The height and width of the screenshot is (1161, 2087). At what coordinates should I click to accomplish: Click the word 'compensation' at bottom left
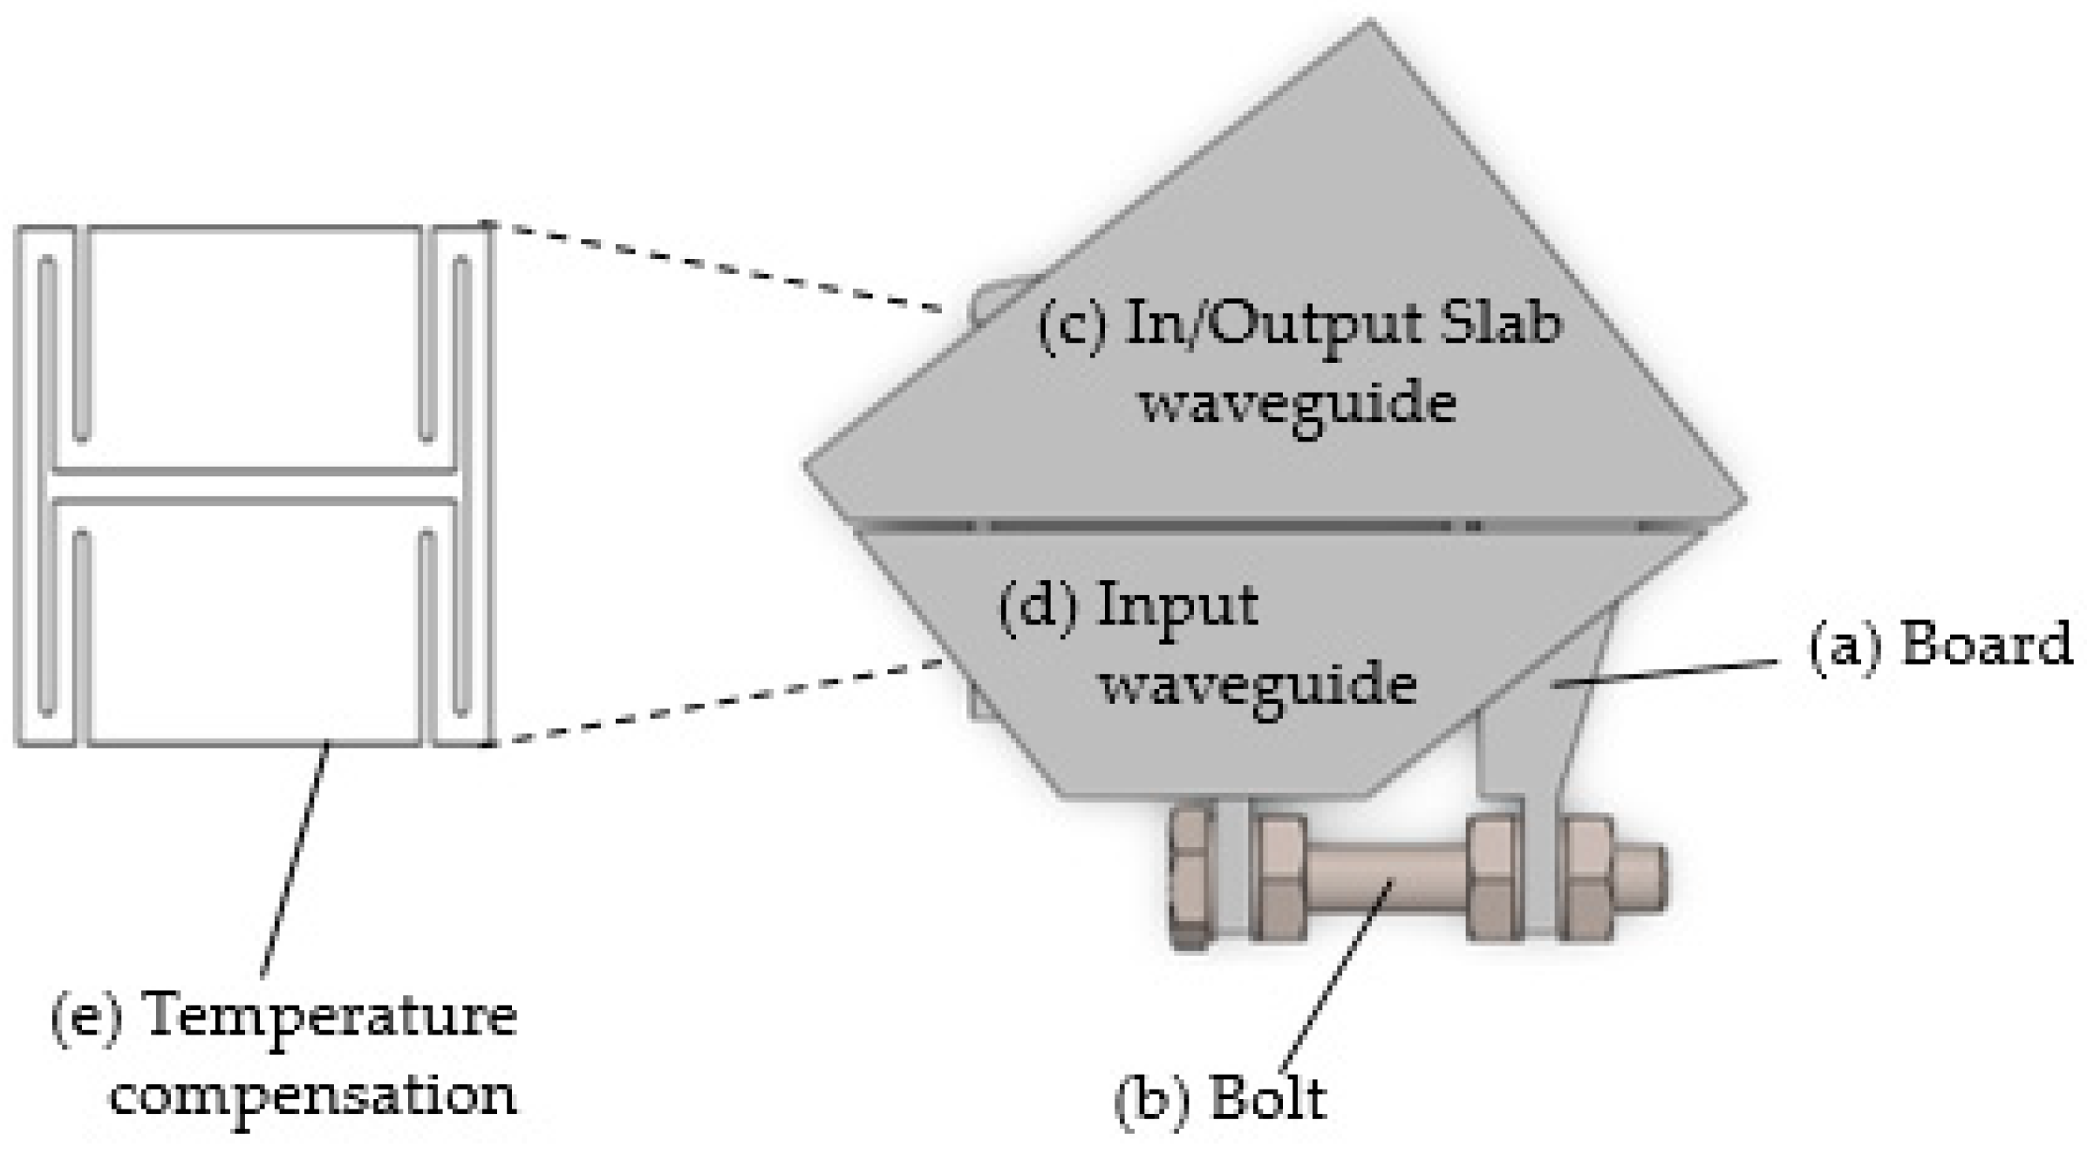(x=312, y=1095)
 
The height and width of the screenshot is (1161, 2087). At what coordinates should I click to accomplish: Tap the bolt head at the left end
(x=1190, y=878)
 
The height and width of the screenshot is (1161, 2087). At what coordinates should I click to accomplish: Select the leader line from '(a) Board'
(x=1666, y=674)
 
